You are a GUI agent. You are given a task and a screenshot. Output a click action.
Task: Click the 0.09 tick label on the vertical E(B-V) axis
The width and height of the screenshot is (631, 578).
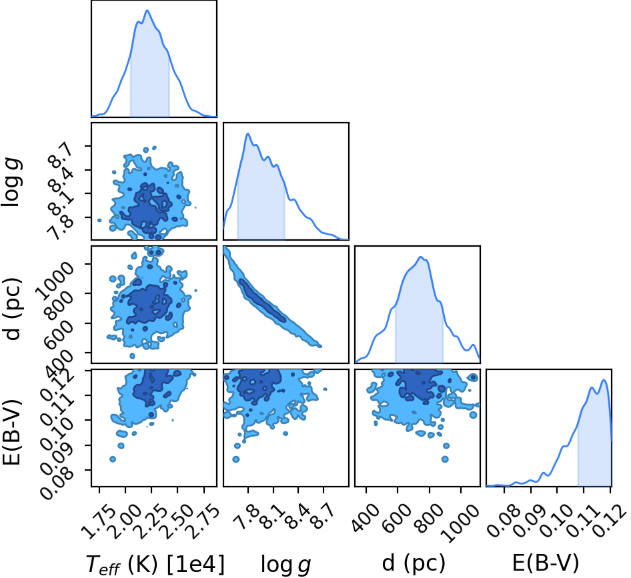point(58,455)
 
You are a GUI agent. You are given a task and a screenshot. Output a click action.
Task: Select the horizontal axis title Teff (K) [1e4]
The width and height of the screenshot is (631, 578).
point(155,563)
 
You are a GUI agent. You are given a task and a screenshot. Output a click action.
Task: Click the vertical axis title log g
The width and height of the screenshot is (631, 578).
point(11,183)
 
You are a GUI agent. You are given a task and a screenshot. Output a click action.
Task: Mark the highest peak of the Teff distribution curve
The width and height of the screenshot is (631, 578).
point(147,11)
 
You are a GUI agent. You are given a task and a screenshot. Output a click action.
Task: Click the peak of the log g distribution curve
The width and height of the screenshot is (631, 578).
point(248,134)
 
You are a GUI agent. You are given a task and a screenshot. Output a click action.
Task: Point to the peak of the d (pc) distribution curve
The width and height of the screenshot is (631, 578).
point(420,257)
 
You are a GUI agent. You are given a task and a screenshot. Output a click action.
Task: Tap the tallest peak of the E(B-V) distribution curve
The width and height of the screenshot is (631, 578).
point(604,380)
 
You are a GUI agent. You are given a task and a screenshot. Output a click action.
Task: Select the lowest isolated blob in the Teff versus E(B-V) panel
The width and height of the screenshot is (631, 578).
point(113,459)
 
